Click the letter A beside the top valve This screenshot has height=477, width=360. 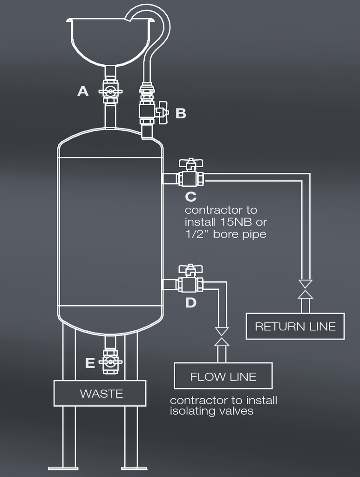tap(83, 91)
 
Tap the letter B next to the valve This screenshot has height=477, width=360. tap(181, 114)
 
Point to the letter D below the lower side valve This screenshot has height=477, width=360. tap(191, 303)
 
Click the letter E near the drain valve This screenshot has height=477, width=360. tap(90, 363)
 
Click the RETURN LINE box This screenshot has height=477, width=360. tap(295, 326)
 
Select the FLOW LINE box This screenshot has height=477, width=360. tap(223, 376)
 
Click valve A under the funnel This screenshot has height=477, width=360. tap(110, 92)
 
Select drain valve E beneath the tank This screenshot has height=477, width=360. tap(110, 362)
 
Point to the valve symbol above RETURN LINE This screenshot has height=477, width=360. tap(306, 289)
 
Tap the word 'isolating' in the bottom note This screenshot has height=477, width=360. tap(190, 411)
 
